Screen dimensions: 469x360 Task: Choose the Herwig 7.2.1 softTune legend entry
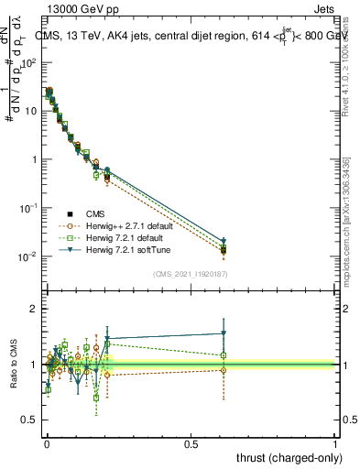pos(125,248)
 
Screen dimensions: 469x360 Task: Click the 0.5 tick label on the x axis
pos(191,443)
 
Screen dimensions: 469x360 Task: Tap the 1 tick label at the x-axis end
pos(335,443)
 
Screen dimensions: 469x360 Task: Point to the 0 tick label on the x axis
pos(47,443)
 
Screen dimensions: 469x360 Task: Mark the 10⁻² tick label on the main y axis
pos(27,256)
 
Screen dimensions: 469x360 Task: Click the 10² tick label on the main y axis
pos(27,62)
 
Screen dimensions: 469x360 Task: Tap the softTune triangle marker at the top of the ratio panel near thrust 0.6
pos(224,333)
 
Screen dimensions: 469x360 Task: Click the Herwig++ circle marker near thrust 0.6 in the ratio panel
pos(224,370)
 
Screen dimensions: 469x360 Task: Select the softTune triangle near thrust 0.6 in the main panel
pos(224,241)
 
